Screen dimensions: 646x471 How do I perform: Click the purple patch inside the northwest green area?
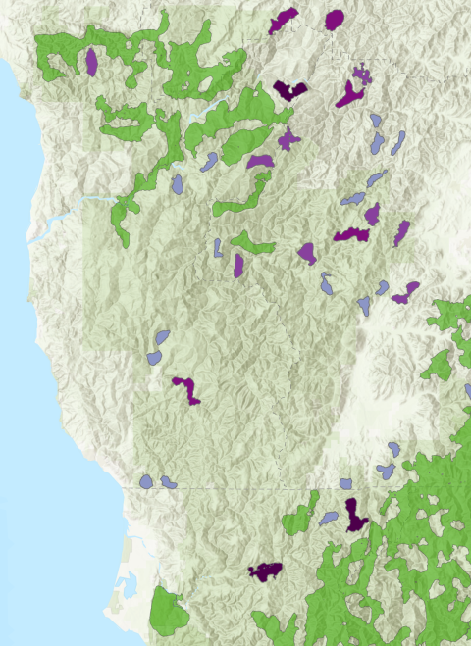[x=91, y=62]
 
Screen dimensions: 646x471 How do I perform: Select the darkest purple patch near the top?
[x=290, y=90]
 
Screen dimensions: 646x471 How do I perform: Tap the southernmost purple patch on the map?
[x=265, y=570]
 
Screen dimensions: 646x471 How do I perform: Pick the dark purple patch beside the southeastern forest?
[x=354, y=513]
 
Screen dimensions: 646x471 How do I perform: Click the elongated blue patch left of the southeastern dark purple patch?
[x=329, y=517]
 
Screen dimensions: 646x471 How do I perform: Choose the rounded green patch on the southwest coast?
[x=169, y=613]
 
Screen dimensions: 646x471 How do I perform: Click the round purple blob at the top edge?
[x=335, y=19]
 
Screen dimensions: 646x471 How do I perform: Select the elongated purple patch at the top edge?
[x=284, y=21]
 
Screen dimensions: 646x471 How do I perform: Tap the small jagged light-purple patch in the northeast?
[x=362, y=75]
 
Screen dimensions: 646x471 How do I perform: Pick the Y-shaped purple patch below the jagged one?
[x=350, y=95]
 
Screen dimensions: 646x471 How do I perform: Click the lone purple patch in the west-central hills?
[x=186, y=388]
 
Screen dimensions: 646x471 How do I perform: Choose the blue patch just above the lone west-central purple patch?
[x=157, y=346]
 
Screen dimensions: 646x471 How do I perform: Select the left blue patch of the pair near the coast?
[x=147, y=481]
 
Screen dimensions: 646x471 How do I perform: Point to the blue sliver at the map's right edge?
[x=467, y=392]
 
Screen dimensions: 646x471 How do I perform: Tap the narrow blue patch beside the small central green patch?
[x=217, y=247]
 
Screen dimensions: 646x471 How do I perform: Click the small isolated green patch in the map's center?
[x=252, y=242]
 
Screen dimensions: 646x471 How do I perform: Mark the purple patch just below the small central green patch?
[x=238, y=265]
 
